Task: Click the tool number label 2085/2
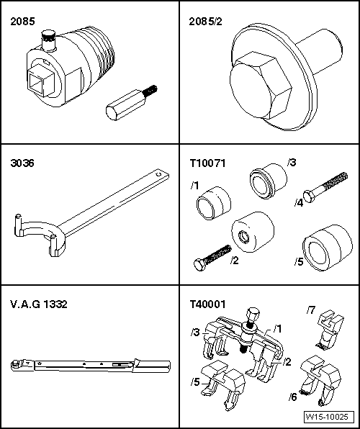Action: click(x=205, y=22)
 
